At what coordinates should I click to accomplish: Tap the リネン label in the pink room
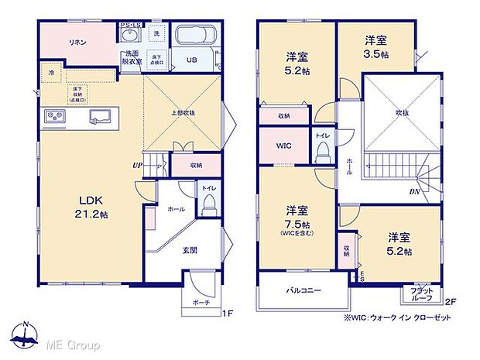(77, 42)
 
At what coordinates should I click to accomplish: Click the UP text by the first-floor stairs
(137, 165)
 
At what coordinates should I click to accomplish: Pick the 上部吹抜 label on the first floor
(183, 112)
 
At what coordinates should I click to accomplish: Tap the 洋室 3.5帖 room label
(377, 46)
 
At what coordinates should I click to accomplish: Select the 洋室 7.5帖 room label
(297, 216)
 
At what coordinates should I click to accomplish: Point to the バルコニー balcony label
(304, 290)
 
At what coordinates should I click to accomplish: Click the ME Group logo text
(76, 343)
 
